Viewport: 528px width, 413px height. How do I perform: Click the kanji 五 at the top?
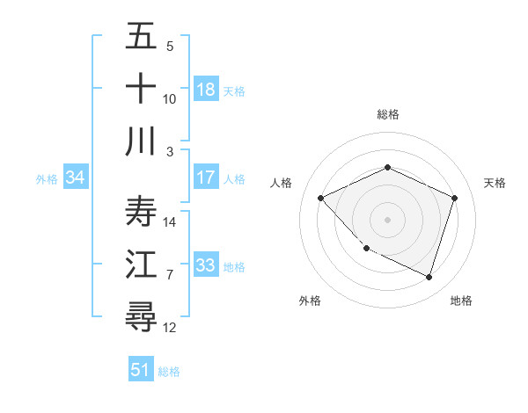(x=141, y=37)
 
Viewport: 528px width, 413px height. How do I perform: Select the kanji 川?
(x=141, y=141)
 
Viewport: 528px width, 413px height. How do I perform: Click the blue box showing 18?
(x=206, y=89)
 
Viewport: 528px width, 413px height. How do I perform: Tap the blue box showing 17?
(x=206, y=178)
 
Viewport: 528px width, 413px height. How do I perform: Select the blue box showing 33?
(x=206, y=265)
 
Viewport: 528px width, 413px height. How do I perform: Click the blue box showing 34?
(x=76, y=178)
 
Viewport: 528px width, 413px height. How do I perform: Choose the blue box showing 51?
(x=141, y=370)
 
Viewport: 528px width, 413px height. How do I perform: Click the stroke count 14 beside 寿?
(x=171, y=222)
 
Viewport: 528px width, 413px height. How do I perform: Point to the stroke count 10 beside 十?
(x=170, y=99)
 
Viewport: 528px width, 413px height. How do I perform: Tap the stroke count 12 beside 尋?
(x=171, y=328)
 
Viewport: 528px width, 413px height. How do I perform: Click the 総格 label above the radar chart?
(x=387, y=114)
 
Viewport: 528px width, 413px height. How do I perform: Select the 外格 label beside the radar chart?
(x=310, y=301)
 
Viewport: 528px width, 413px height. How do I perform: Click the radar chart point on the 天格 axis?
(x=454, y=198)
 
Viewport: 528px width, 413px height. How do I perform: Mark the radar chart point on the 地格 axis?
(x=429, y=277)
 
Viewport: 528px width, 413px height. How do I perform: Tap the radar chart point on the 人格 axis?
(x=320, y=198)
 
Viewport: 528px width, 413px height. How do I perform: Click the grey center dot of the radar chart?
(x=387, y=219)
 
